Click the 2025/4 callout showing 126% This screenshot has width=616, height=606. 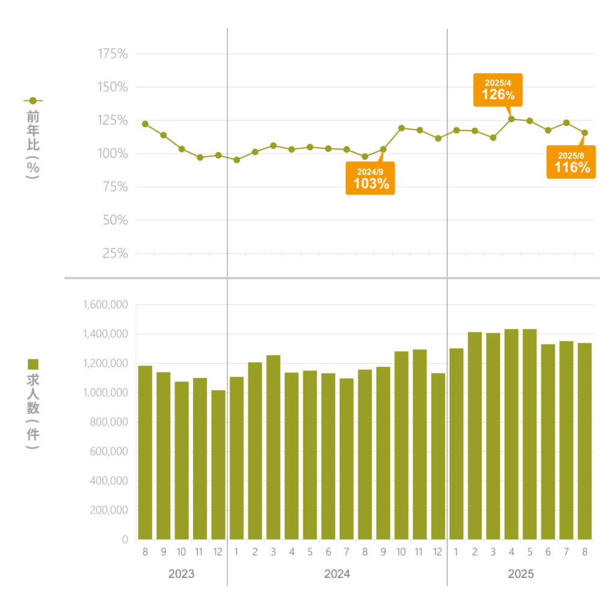[498, 90]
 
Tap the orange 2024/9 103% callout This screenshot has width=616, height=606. [370, 178]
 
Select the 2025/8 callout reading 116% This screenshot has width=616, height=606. [571, 162]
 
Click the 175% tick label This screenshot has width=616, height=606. [112, 54]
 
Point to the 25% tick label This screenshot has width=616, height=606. [115, 254]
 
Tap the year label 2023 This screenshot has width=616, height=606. [181, 574]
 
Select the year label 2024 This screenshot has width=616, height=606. [337, 574]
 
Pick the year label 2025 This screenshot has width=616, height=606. [521, 574]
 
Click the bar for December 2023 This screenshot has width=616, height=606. [218, 464]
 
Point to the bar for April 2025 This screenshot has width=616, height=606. [511, 434]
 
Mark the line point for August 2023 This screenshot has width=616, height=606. [145, 124]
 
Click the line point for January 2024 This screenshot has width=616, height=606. [236, 160]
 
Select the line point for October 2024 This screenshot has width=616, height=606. [401, 128]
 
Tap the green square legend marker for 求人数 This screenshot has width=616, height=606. [34, 364]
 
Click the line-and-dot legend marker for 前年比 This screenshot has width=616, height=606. [33, 101]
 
